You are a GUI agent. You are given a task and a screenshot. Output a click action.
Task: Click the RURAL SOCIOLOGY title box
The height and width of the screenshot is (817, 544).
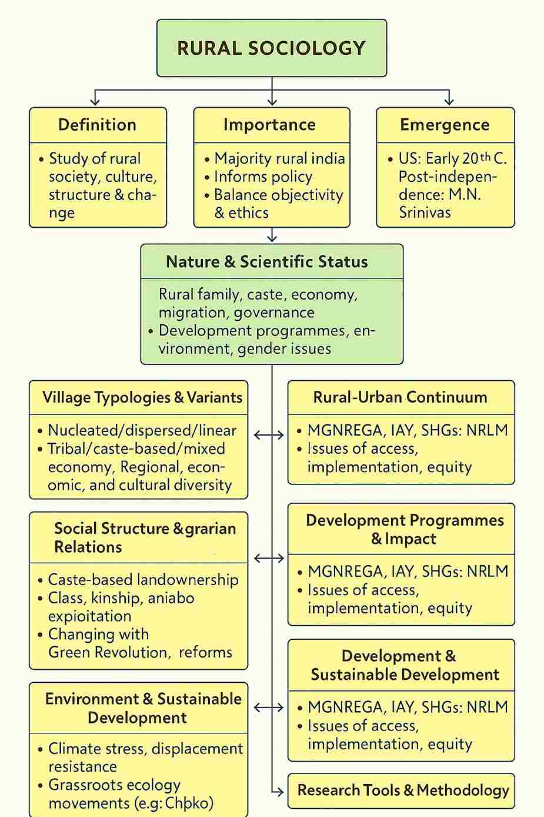point(272,48)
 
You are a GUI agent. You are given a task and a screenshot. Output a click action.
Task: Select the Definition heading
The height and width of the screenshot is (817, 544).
point(98,125)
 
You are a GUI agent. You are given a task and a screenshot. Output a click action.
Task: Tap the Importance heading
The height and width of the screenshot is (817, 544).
point(269,125)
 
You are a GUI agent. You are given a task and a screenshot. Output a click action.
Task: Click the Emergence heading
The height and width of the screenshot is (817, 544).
point(445,125)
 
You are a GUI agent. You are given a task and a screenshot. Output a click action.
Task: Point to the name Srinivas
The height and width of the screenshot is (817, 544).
point(425,212)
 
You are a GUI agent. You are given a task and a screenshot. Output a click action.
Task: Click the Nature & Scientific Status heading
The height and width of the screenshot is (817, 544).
point(267,262)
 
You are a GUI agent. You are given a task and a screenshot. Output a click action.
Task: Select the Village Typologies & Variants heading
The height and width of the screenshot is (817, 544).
point(142,397)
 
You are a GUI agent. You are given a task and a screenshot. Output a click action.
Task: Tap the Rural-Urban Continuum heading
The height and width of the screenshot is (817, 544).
point(400,397)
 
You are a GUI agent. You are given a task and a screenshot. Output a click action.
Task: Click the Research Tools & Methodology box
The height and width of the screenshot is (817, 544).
point(403,790)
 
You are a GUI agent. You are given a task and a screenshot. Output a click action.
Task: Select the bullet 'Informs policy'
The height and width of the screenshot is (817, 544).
point(263,177)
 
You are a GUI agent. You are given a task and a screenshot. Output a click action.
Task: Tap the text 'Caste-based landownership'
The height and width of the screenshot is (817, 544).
point(143,580)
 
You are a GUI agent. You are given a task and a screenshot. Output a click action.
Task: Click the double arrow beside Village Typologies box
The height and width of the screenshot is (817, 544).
point(269,435)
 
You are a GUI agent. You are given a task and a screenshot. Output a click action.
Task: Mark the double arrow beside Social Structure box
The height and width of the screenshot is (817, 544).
point(269,557)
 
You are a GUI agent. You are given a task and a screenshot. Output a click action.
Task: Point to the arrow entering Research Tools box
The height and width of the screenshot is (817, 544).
point(278,792)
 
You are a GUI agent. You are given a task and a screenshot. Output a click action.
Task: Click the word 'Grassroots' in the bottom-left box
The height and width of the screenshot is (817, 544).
point(85,785)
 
